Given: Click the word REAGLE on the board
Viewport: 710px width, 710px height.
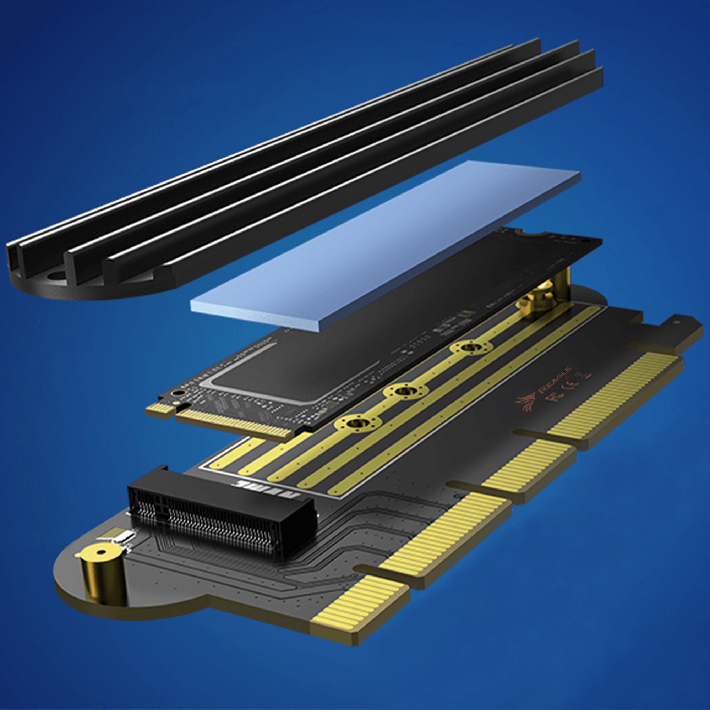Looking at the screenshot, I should click(554, 378).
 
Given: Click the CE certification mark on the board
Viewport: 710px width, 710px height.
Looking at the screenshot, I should click(574, 386).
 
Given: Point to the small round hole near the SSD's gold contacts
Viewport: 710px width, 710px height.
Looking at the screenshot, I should click(177, 393).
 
